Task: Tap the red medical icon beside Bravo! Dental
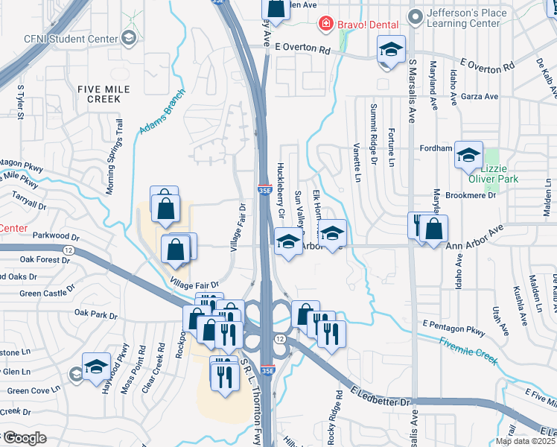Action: click(325, 25)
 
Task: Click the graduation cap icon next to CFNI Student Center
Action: click(129, 38)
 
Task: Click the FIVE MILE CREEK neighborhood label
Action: click(104, 94)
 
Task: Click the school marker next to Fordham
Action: click(468, 155)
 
